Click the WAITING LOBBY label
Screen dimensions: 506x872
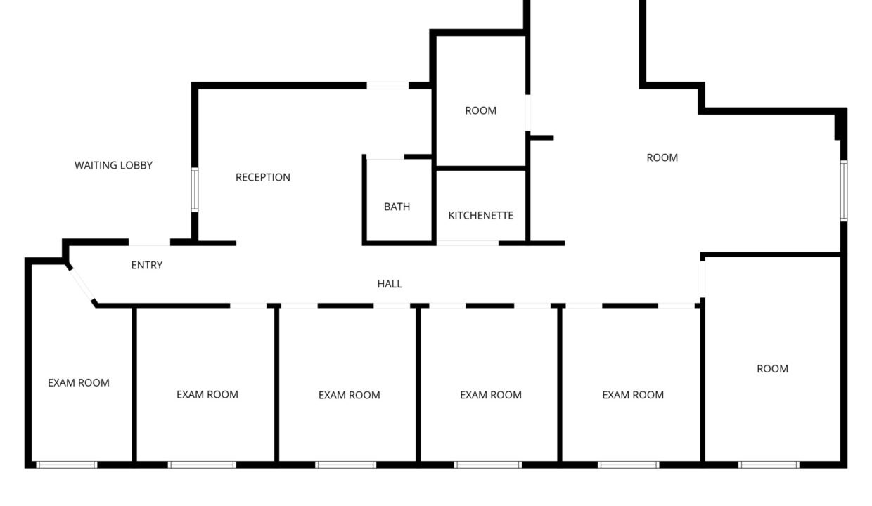113,165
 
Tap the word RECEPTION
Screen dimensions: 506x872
262,177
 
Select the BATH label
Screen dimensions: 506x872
397,207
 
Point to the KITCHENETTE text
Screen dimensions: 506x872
480,215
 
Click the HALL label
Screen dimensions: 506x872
390,284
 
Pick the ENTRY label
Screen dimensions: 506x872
147,265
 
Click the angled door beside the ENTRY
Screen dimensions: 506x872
82,284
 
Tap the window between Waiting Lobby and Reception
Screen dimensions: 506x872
195,190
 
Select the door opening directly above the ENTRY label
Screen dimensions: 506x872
149,243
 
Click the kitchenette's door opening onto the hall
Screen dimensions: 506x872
468,243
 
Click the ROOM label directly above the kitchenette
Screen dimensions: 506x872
480,110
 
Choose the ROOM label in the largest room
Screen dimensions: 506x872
662,157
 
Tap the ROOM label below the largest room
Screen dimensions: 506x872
772,368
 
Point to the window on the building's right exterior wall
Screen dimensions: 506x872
843,190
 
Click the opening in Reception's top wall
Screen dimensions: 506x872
387,86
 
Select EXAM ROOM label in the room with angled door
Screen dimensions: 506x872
79,383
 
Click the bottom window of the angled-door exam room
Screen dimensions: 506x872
67,465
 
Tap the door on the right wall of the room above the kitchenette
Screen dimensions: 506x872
527,112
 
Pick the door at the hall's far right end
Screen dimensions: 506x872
702,278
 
